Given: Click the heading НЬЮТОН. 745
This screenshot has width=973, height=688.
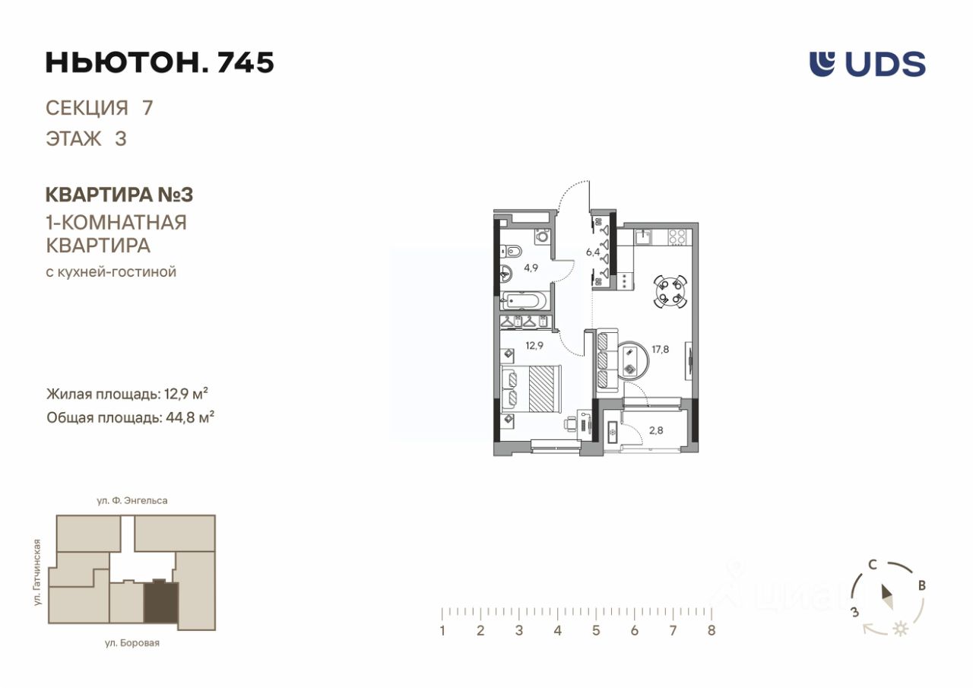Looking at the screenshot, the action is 160,62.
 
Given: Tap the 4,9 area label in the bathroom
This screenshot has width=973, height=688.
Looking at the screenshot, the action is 531,268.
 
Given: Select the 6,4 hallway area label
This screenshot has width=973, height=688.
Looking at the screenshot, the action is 593,252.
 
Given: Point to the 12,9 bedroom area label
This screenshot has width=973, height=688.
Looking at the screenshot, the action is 534,346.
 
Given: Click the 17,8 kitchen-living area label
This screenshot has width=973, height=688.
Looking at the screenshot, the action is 661,349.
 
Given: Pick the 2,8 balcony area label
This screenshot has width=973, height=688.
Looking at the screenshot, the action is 656,430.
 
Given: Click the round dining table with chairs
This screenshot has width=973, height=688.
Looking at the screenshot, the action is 670,291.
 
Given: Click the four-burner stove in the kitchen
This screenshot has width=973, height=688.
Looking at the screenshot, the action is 677,237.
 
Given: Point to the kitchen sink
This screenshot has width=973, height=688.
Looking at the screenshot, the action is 644,237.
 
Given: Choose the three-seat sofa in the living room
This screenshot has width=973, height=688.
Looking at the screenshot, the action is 607,361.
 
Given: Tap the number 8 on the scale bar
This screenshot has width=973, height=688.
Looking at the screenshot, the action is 711,630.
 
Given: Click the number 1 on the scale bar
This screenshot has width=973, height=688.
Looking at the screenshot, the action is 442,630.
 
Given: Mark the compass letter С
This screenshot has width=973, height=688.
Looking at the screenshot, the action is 873,565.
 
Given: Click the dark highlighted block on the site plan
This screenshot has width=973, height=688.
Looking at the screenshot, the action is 160,604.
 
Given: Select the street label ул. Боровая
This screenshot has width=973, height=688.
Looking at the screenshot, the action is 132,643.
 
